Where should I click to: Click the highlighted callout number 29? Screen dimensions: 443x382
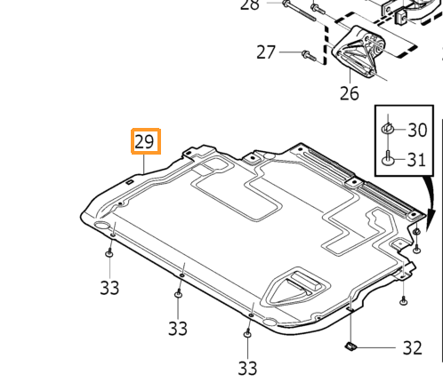144,141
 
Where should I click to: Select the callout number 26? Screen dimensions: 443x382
350,93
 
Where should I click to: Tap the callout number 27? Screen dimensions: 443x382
266,52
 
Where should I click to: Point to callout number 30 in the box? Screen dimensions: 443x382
417,130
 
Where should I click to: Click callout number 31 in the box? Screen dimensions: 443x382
416,160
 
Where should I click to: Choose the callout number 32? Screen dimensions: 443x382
412,348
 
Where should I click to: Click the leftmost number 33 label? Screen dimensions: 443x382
109,288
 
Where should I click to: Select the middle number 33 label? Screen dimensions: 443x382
178,329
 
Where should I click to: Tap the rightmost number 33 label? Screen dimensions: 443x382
247,369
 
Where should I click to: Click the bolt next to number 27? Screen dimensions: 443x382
309,55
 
